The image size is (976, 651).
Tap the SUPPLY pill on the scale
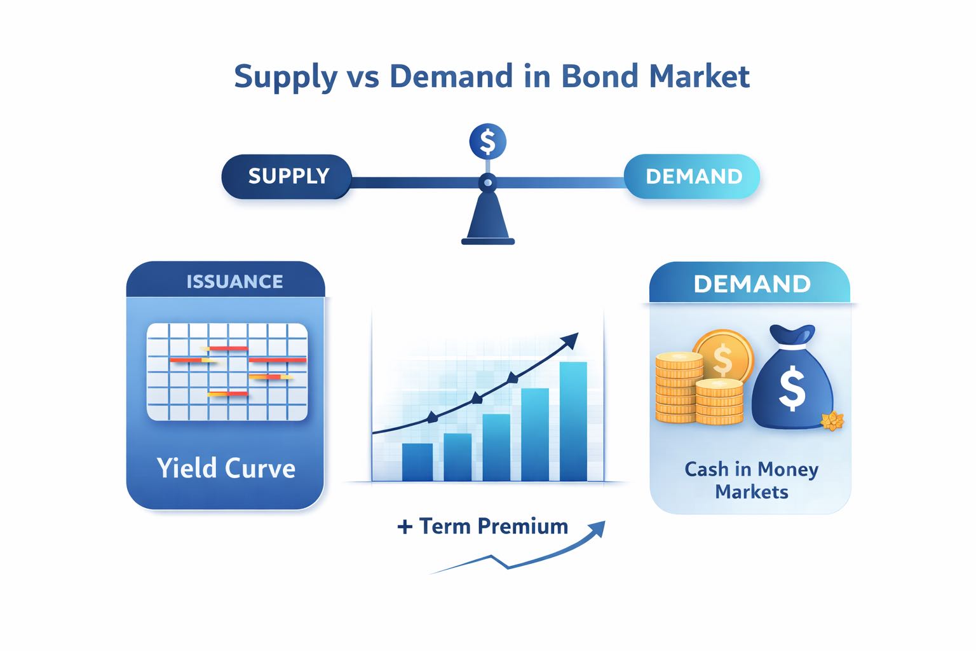coord(287,176)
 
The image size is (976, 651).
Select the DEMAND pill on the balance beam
coord(693,176)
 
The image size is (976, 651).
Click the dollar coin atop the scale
coord(487,141)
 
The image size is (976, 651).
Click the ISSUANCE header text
coord(234,282)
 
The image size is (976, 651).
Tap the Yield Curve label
coord(226,468)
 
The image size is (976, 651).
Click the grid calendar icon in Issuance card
coord(227,372)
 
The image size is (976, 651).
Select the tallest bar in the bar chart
coord(573,421)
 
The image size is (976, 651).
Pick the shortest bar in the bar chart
coord(417,462)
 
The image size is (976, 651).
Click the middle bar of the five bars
coord(496,447)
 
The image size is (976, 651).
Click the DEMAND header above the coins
coord(752,284)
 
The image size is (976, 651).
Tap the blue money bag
coord(791,385)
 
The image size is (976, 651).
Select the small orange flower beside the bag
coord(831,420)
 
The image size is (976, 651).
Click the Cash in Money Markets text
coord(751,480)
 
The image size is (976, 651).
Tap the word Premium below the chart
coord(522,526)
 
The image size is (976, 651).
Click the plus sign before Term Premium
coord(405,527)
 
